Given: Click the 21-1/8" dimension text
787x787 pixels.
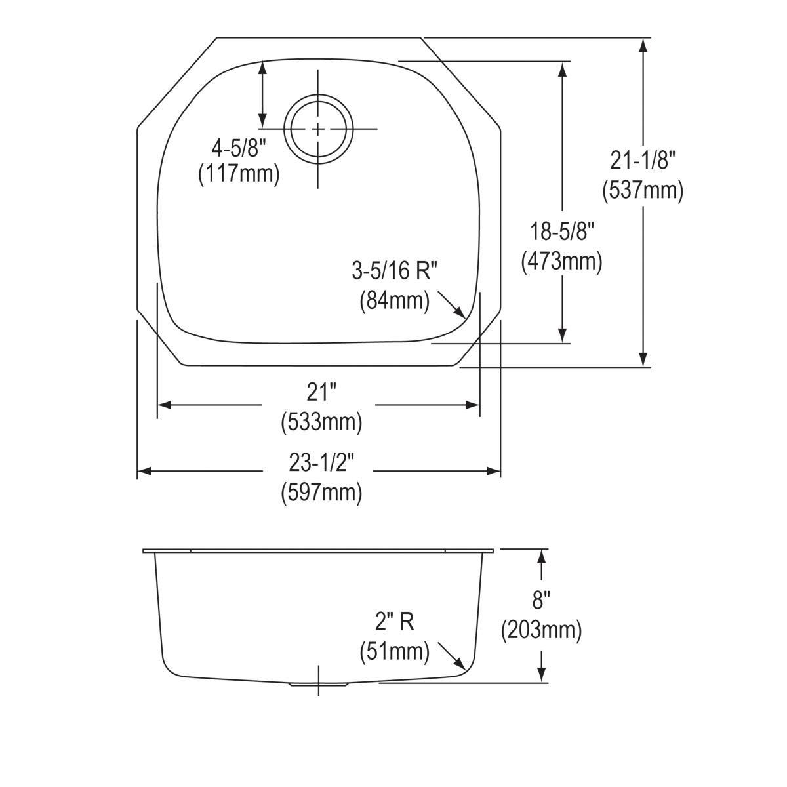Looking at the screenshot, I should click(642, 159).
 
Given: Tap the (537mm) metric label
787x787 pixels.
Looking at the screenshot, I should click(642, 190).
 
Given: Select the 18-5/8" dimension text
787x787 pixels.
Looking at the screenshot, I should click(561, 231).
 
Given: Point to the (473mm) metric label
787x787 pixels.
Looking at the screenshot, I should click(561, 262).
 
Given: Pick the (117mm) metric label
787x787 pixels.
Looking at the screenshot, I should click(239, 174).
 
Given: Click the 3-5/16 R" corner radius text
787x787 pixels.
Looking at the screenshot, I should click(395, 270).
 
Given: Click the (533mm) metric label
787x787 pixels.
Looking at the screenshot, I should click(321, 423).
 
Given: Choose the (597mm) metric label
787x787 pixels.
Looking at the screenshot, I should click(321, 492).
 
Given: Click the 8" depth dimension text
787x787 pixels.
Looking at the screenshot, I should click(541, 600).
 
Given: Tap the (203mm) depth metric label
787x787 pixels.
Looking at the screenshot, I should click(541, 630).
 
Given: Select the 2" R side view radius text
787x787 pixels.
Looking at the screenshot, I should click(394, 621).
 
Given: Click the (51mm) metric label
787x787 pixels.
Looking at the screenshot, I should click(394, 651).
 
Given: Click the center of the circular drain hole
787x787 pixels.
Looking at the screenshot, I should click(319, 129).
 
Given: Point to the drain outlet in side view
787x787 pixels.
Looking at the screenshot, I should click(319, 684).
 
